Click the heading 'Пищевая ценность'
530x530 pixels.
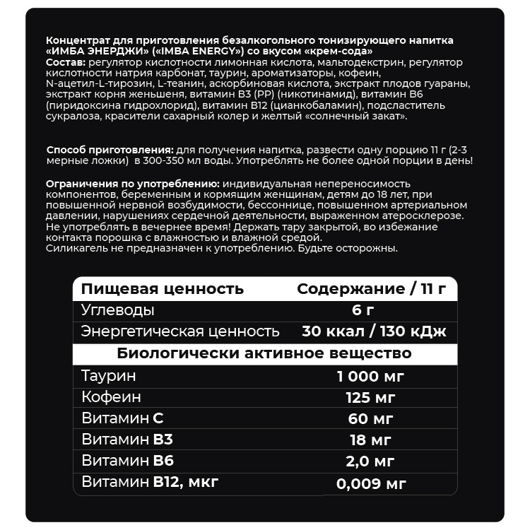[x=163, y=289]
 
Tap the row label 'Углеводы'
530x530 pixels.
[x=118, y=310]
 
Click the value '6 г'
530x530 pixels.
[x=363, y=310]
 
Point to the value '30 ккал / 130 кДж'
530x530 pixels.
[x=374, y=331]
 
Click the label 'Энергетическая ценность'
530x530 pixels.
[x=180, y=331]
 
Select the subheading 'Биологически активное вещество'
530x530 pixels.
[x=264, y=353]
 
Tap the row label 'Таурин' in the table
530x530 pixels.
[x=108, y=375]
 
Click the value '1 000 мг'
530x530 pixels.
[x=370, y=375]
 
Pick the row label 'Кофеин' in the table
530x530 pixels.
[x=111, y=396]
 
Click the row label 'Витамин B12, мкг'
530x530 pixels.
[x=150, y=483]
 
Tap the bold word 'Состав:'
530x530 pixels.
[x=63, y=63]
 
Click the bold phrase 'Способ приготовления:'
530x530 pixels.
[x=109, y=151]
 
